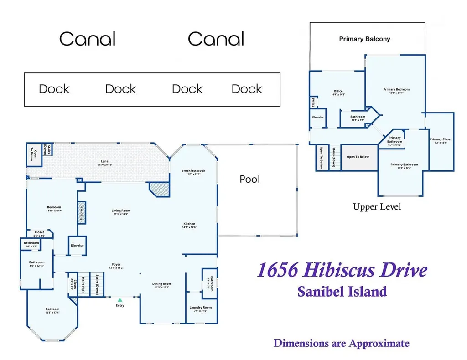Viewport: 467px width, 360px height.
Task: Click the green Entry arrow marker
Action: click(x=119, y=300)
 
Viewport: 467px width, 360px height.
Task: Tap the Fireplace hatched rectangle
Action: click(x=82, y=212)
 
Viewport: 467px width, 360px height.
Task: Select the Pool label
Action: click(x=249, y=180)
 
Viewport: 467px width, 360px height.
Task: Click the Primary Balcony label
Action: click(x=364, y=39)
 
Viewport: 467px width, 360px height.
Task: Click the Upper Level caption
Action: click(x=377, y=207)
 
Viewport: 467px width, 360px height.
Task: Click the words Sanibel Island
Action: click(x=342, y=291)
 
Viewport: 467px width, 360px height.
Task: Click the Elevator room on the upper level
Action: click(x=318, y=118)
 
